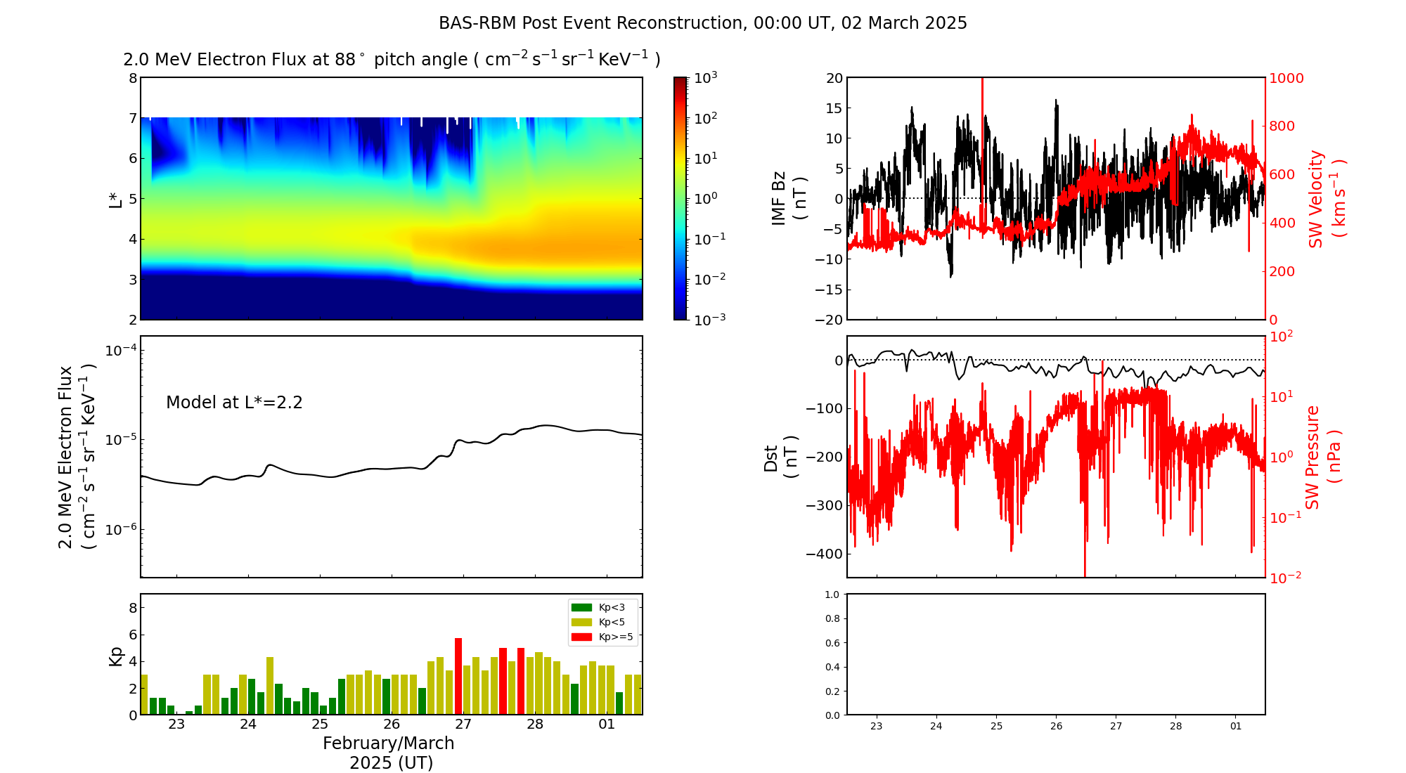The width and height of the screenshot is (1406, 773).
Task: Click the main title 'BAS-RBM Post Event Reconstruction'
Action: point(591,23)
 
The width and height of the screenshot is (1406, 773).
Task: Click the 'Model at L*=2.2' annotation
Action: point(234,403)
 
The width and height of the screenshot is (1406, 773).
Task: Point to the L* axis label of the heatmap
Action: point(116,199)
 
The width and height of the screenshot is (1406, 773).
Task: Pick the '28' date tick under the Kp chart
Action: point(535,725)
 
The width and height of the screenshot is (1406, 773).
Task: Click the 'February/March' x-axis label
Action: point(388,743)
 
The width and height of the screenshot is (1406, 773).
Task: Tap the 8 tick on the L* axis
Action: point(132,78)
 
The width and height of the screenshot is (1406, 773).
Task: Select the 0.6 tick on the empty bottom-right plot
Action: point(832,643)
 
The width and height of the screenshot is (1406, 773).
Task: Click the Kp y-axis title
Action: point(116,656)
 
